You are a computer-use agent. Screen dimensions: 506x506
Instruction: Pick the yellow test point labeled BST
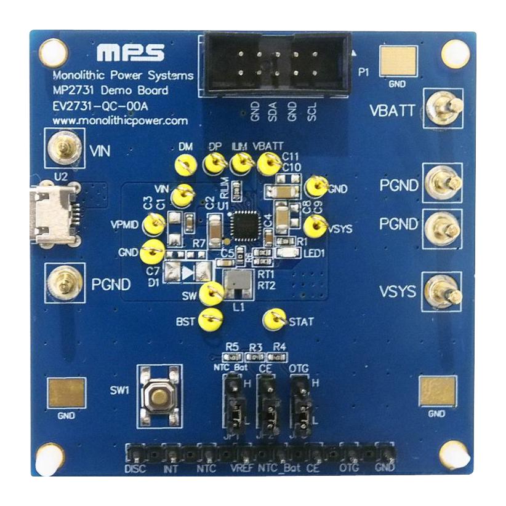(x=212, y=318)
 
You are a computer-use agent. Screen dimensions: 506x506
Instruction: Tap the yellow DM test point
(x=184, y=164)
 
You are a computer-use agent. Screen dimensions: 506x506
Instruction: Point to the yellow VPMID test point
(x=152, y=224)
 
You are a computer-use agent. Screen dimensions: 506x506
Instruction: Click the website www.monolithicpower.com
(x=120, y=121)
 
